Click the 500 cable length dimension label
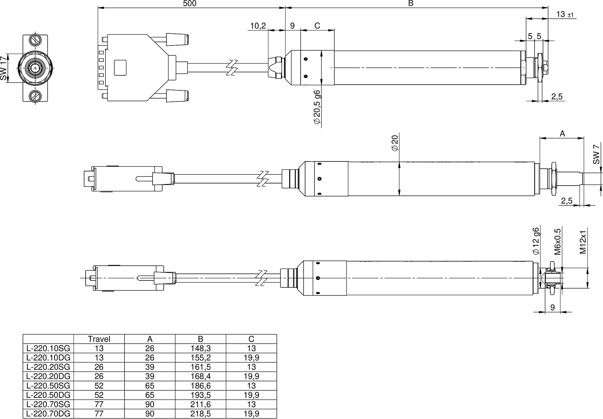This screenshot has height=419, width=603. [190, 4]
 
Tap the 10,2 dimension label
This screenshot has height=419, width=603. [258, 26]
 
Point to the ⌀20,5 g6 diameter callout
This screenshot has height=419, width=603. [317, 107]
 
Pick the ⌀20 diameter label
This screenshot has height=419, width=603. [395, 143]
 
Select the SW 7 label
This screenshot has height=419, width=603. [596, 154]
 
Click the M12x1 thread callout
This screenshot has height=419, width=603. [583, 242]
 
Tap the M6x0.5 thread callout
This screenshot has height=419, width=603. [557, 242]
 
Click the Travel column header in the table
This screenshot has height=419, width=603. [99, 339]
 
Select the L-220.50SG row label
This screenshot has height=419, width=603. [48, 386]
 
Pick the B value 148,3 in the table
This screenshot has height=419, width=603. [200, 349]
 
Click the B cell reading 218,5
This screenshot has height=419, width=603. [200, 414]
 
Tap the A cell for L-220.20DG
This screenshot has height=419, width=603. [150, 376]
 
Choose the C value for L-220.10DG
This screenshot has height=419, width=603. [251, 358]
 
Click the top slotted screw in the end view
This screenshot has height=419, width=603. [35, 40]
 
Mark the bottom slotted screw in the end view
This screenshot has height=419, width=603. [35, 96]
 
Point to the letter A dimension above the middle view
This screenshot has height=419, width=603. [562, 134]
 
